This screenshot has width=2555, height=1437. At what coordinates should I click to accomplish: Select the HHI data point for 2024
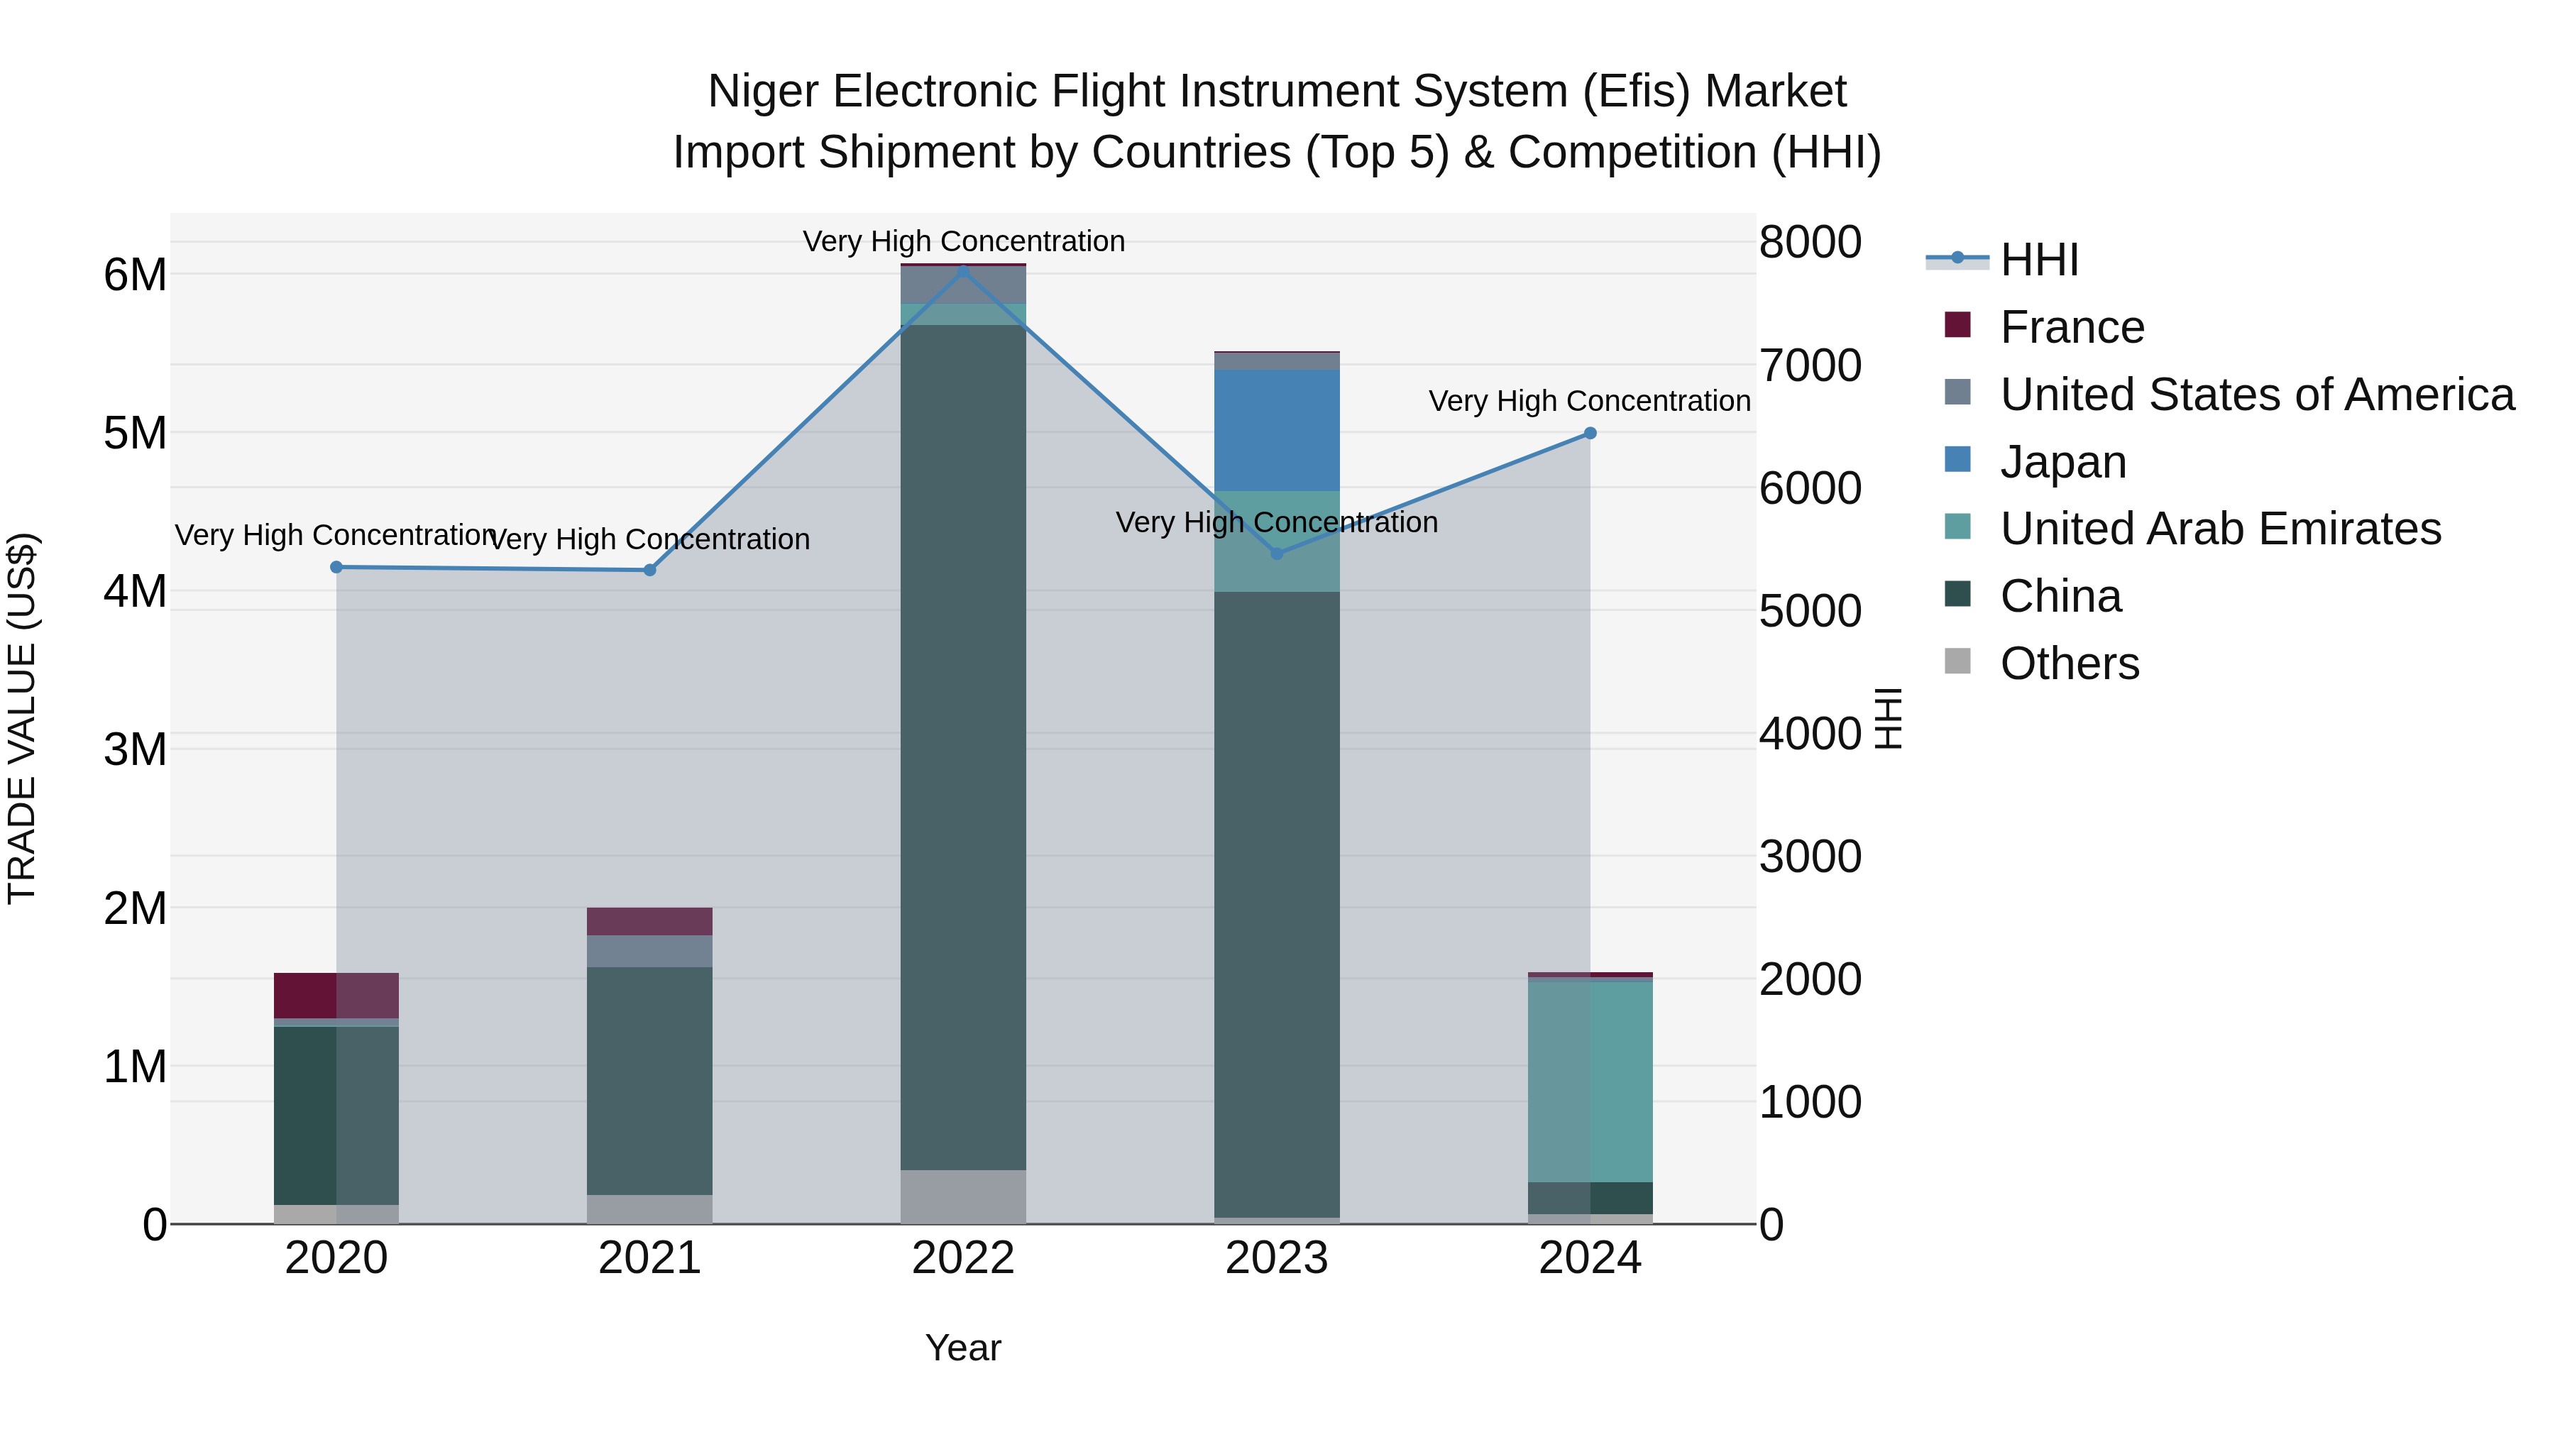1590,434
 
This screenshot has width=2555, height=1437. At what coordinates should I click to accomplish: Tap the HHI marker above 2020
336,567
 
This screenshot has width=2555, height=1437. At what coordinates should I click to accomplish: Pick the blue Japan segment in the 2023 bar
1277,431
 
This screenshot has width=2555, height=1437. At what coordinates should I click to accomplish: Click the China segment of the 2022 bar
963,744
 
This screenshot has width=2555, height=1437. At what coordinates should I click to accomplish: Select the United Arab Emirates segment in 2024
1590,1081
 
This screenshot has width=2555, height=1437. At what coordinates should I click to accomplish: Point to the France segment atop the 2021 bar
649,921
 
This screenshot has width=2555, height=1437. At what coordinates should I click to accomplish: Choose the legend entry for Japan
2063,462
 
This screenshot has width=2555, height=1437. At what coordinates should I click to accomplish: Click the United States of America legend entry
2256,395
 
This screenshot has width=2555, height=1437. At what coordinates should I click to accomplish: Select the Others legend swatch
1957,661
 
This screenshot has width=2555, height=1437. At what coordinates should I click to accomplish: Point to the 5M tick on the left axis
135,434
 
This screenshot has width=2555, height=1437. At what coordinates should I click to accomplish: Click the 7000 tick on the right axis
1810,366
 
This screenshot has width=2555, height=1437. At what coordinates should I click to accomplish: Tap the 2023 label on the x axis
1277,1258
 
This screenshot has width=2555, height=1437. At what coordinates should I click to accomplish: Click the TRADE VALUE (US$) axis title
22,718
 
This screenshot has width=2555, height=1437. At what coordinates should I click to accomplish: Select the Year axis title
963,1348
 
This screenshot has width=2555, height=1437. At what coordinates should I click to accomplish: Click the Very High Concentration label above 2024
1589,402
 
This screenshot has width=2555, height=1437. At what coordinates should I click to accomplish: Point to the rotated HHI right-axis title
1889,718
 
